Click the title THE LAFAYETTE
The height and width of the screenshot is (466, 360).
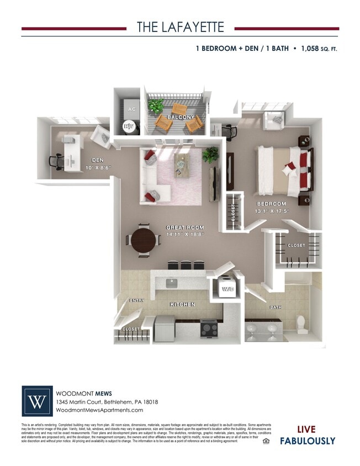[x=180, y=28]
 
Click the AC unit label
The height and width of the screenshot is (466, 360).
[x=131, y=109]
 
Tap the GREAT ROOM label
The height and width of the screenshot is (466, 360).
[x=186, y=227]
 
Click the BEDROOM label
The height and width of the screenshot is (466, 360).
[x=272, y=204]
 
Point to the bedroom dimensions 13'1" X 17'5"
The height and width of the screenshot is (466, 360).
[x=272, y=211]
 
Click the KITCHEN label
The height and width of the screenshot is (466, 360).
[x=182, y=304]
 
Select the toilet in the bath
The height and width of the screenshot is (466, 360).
[x=301, y=322]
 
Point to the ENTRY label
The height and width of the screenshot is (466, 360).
[x=136, y=300]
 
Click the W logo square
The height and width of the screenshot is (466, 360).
[x=38, y=400]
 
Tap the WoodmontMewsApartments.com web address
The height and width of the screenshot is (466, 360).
[x=96, y=410]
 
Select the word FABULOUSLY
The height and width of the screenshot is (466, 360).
[x=308, y=441]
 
